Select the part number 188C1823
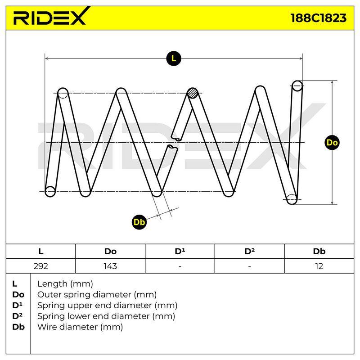318,18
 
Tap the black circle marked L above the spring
174,58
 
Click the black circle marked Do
332,143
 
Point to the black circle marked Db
139,222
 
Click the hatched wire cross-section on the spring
193,93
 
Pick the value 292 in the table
40,266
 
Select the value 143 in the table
110,266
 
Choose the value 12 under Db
319,266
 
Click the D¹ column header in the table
180,251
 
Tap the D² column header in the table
249,251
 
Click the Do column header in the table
110,251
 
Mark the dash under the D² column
249,266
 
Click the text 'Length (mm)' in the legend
65,284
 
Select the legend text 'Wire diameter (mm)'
80,327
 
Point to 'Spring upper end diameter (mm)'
107,306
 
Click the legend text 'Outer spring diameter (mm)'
97,295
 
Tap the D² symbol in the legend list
18,316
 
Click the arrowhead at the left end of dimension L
46,58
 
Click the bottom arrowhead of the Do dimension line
332,203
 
